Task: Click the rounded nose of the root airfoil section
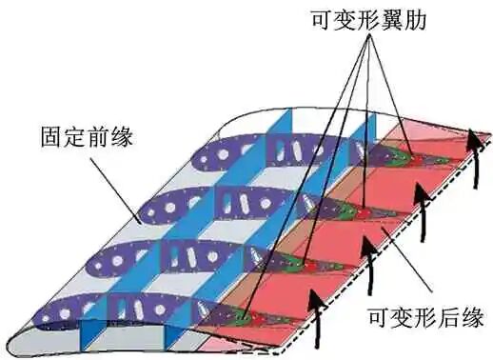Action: point(11,342)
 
